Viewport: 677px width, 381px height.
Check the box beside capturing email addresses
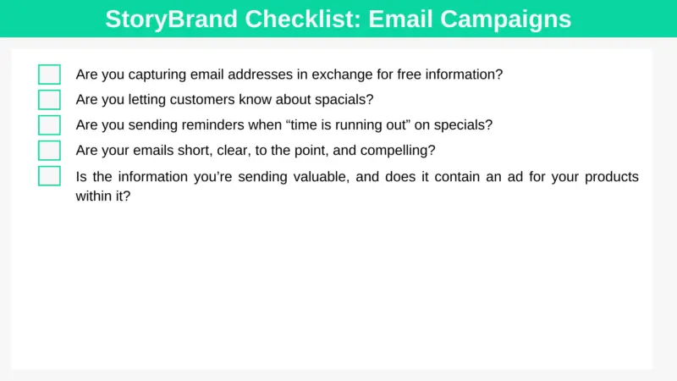tap(49, 75)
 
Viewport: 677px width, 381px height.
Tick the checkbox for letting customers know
tap(49, 100)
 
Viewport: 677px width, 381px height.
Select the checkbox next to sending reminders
tap(49, 125)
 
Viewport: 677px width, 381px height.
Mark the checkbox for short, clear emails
tap(49, 151)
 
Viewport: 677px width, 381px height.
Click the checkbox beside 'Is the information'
tap(49, 176)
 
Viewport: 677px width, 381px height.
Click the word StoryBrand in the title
tap(172, 19)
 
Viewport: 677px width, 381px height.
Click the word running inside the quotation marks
tap(358, 125)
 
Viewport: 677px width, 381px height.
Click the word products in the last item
tap(611, 177)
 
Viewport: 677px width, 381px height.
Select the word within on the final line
tap(94, 196)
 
